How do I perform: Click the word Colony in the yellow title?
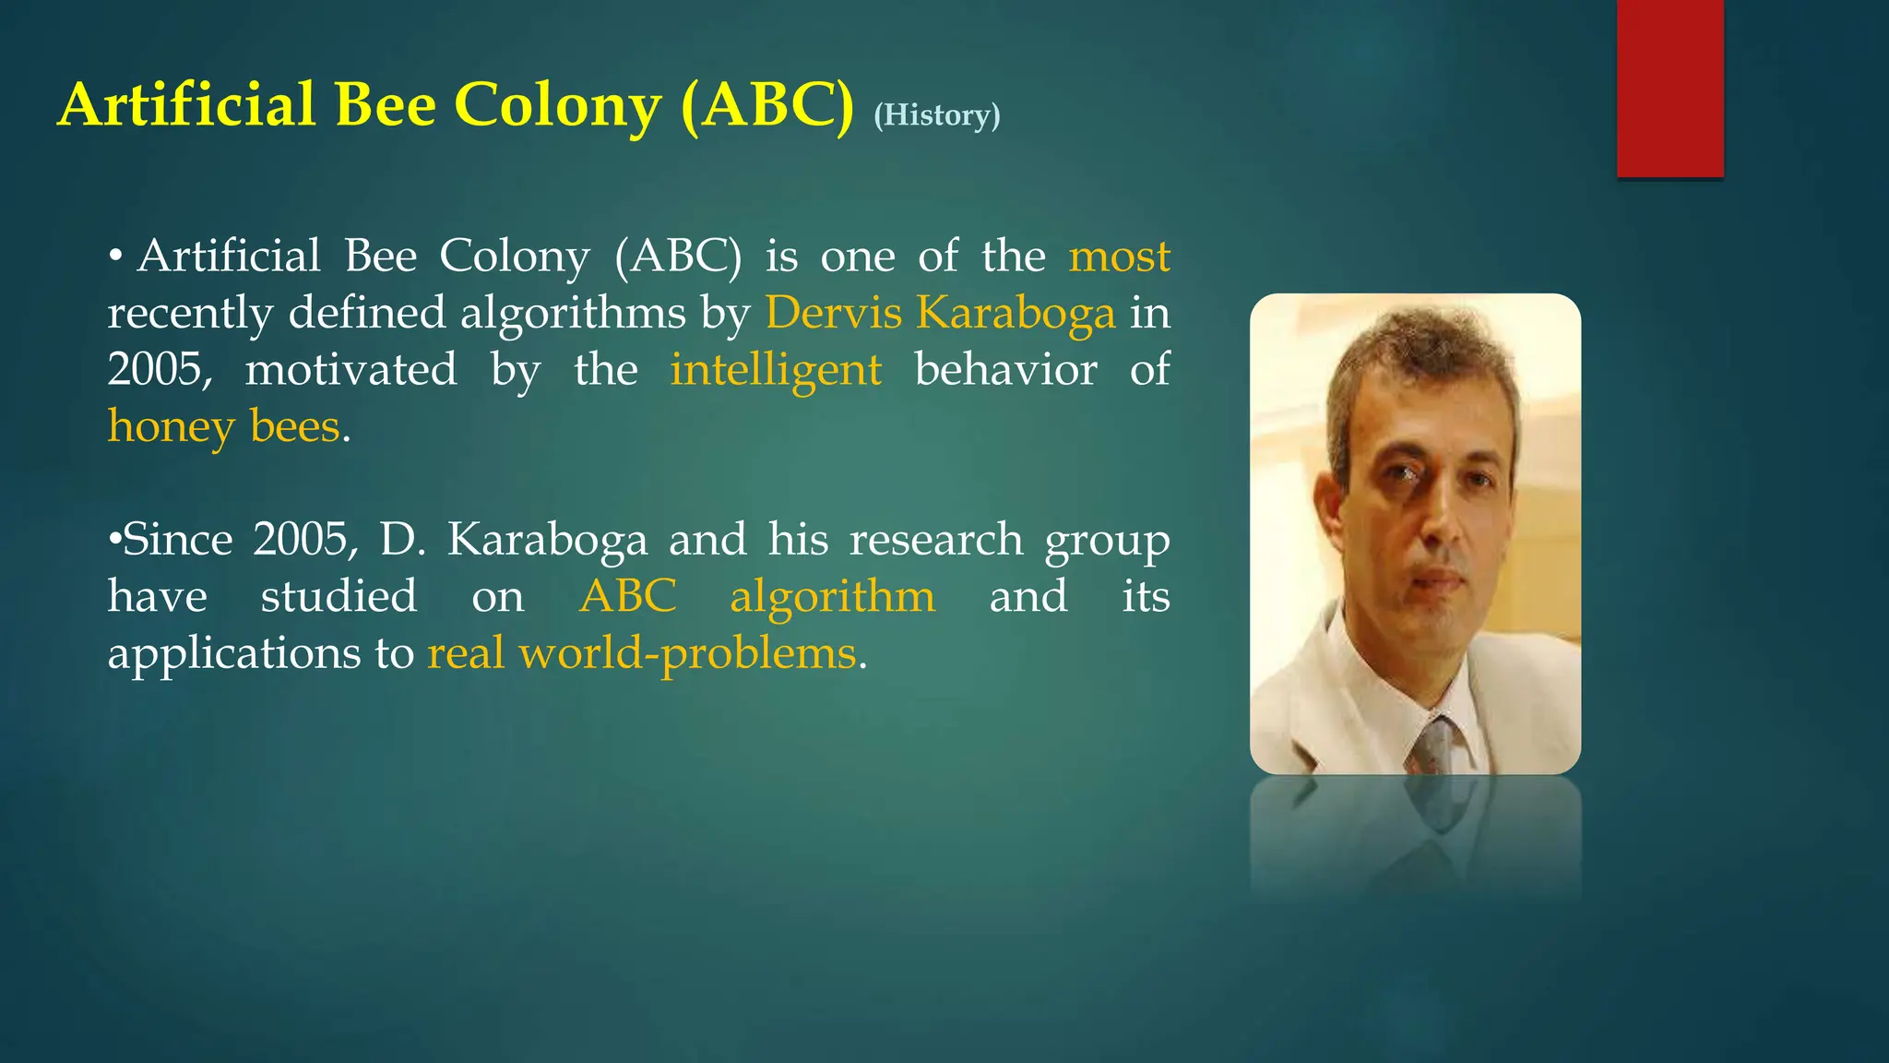(x=558, y=105)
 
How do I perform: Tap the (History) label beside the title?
(x=936, y=115)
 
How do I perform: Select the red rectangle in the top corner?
(x=1669, y=88)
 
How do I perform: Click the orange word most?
(x=1119, y=256)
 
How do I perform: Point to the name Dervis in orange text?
(x=834, y=313)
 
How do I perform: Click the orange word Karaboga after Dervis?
(x=1016, y=313)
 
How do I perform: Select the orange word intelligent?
(x=776, y=370)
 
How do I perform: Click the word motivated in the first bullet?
(x=350, y=369)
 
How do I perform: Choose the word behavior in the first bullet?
(x=1005, y=369)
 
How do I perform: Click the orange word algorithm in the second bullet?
(x=832, y=596)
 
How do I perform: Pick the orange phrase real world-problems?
(x=642, y=653)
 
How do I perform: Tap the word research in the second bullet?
(x=935, y=540)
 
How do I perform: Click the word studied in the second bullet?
(x=339, y=596)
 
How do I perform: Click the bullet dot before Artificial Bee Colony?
(x=115, y=257)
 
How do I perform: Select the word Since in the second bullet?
(x=177, y=540)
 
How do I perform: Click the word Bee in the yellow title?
(x=385, y=105)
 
